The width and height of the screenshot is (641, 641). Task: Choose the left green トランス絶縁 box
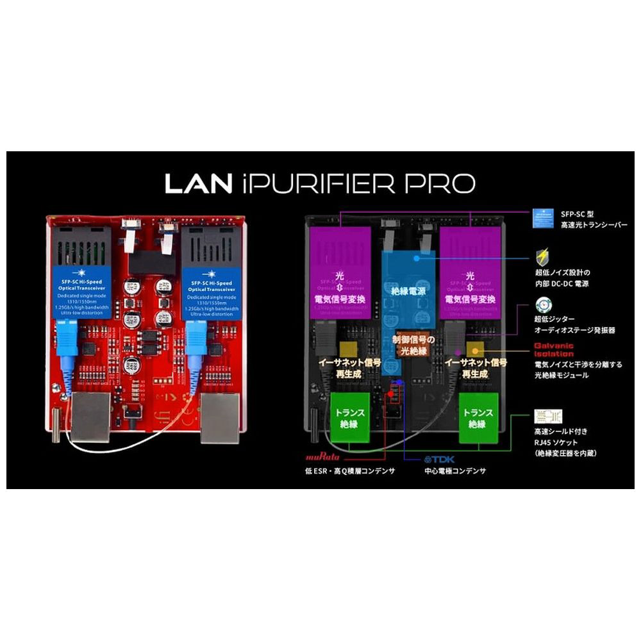pyautogui.click(x=349, y=418)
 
